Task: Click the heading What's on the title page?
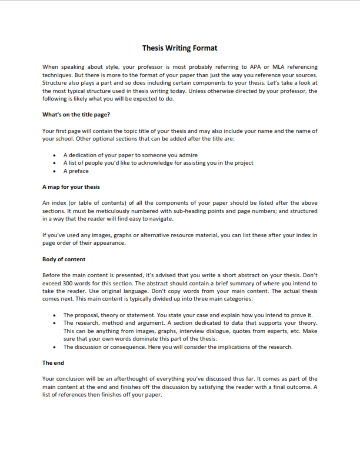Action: tap(76, 114)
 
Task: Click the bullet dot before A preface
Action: tap(55, 171)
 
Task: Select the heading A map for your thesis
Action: tap(71, 187)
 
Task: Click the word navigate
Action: tap(162, 219)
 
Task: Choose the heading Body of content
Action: tap(64, 259)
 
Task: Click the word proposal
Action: tap(86, 315)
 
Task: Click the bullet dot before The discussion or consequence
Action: tap(55, 347)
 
